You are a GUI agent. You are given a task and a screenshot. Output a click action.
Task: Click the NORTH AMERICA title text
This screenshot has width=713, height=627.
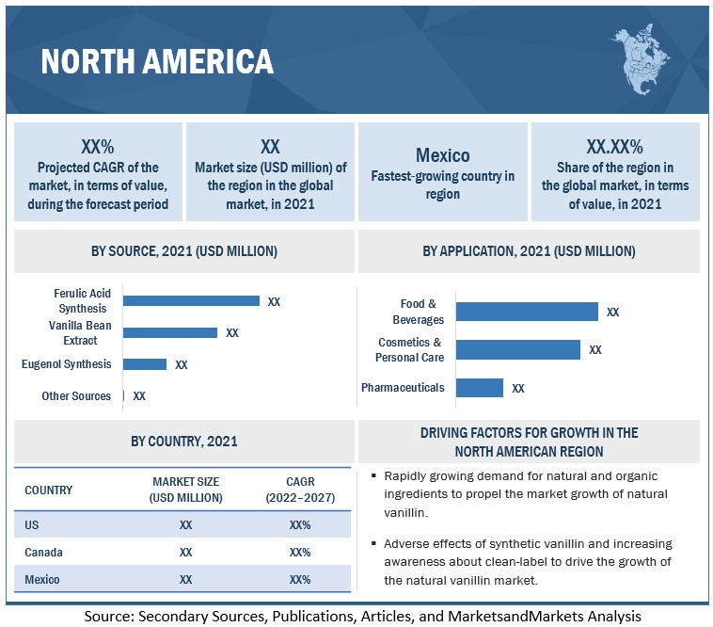click(x=157, y=61)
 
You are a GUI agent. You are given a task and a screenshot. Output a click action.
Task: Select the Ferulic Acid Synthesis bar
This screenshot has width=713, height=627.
click(x=192, y=301)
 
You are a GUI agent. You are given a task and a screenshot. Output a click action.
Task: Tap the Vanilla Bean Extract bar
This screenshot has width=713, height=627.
click(x=170, y=332)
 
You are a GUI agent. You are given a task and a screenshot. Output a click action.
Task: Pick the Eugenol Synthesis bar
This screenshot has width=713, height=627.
click(x=145, y=364)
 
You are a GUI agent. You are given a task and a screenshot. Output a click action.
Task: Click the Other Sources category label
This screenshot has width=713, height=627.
click(x=76, y=396)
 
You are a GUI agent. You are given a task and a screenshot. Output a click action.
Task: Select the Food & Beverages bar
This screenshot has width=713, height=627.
click(x=527, y=312)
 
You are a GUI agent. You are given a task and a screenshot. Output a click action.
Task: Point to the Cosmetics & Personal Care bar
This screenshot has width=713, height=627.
click(x=518, y=349)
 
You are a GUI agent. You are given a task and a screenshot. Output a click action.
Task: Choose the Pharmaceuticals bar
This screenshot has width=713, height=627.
click(x=480, y=388)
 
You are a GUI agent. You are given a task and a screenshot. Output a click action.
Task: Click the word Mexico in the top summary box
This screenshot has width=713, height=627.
click(x=442, y=155)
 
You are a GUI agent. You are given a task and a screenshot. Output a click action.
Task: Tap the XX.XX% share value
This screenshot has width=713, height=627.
click(x=614, y=146)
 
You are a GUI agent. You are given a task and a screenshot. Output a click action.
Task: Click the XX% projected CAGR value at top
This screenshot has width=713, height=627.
click(x=98, y=146)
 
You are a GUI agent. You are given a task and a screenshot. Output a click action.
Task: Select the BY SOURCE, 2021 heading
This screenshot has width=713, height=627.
click(x=184, y=251)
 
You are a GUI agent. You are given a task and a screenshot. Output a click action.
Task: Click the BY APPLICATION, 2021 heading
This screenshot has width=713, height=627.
click(x=529, y=251)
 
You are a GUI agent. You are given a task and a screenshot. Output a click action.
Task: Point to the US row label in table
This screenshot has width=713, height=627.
click(x=32, y=524)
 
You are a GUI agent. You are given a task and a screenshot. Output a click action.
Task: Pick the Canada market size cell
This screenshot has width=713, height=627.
click(x=186, y=553)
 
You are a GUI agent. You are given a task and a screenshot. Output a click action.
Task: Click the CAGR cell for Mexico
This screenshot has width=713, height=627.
click(x=300, y=580)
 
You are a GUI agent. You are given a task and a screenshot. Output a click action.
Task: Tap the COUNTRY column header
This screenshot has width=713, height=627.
click(x=48, y=490)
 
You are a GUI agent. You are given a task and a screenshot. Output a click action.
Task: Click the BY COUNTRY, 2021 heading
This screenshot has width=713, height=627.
click(x=184, y=441)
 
